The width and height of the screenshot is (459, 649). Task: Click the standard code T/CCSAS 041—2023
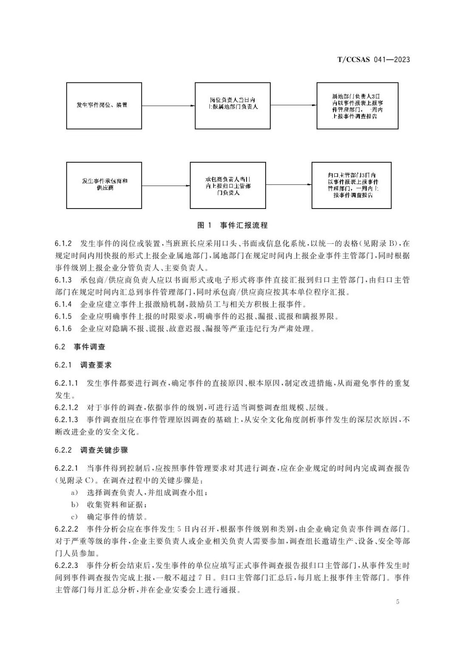tap(374, 59)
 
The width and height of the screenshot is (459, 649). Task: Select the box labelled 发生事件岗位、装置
tap(104, 105)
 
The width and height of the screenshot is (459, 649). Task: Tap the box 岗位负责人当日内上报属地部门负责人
tap(232, 105)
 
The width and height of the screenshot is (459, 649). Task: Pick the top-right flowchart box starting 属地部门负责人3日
tap(357, 106)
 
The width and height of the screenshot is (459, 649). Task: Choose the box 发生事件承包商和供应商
tap(104, 185)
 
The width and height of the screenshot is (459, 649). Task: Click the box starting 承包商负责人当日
tap(228, 185)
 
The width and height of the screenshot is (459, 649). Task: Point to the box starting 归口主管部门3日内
tap(351, 185)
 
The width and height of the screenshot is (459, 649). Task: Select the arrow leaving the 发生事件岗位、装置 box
tap(168, 105)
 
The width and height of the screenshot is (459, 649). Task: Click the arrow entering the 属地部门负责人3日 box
tap(294, 105)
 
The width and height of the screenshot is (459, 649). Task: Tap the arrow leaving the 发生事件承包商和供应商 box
tap(166, 185)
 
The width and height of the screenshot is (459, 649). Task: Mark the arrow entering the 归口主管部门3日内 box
tap(289, 185)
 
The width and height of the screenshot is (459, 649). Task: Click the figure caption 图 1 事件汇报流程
tap(232, 225)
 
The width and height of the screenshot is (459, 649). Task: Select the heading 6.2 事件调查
tap(80, 347)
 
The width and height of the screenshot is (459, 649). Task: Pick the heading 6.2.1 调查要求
tap(83, 365)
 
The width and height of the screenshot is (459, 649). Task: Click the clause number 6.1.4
tap(63, 304)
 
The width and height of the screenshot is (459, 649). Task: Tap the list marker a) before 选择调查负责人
tap(75, 493)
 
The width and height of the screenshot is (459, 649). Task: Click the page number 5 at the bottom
tap(397, 601)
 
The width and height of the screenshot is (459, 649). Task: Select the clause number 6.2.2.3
tap(67, 566)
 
